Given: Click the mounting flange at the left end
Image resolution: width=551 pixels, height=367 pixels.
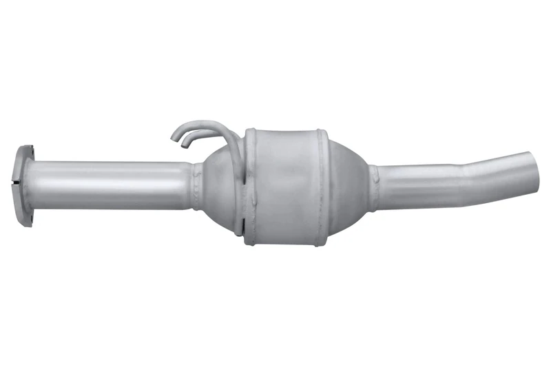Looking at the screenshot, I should tap(25, 184).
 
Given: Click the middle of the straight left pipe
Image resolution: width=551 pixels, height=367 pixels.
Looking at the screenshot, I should tap(110, 185).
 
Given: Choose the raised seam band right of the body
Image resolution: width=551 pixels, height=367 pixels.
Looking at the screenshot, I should tap(320, 186).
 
